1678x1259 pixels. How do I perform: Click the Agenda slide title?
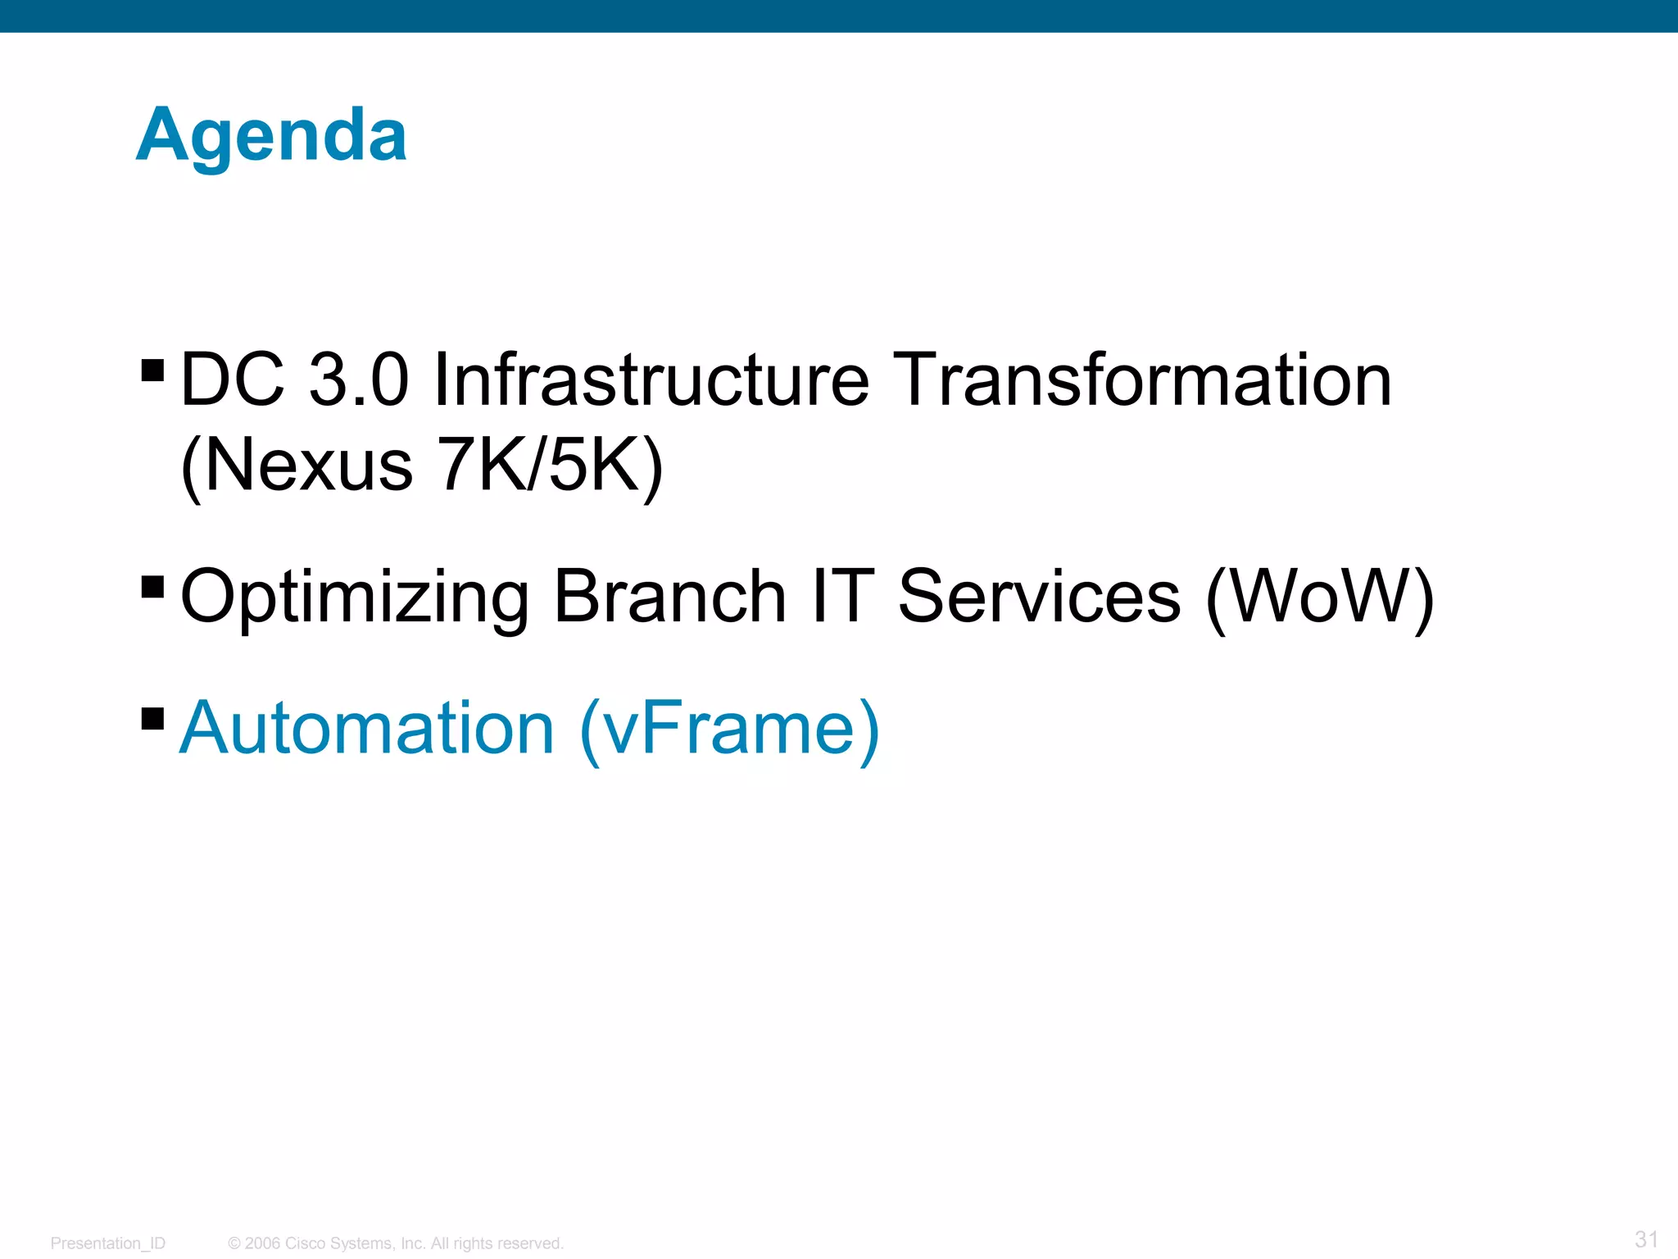[271, 135]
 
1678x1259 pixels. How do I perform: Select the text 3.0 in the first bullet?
[358, 380]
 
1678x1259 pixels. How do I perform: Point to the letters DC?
[233, 380]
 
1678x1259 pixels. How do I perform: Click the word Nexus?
[309, 465]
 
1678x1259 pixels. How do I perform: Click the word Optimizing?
[355, 598]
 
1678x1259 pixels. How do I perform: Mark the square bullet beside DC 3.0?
[153, 370]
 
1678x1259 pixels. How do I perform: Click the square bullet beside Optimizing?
[153, 587]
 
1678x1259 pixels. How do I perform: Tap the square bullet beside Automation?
[153, 718]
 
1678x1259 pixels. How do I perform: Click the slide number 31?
[1646, 1239]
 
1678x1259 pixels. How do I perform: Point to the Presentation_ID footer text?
[108, 1243]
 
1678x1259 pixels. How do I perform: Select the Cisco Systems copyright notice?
[396, 1243]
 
